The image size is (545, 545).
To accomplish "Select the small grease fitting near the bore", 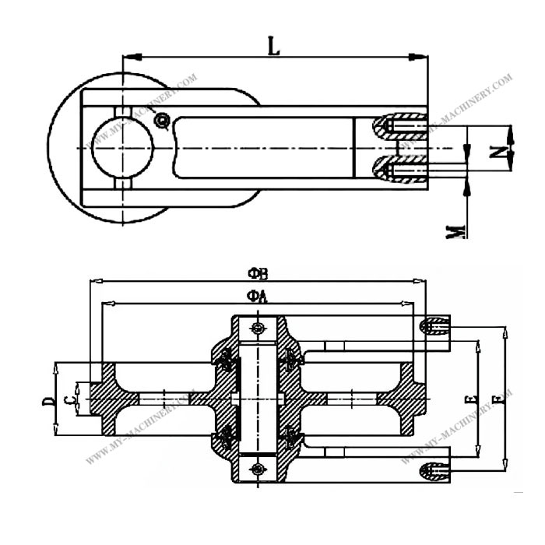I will tap(161, 120).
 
